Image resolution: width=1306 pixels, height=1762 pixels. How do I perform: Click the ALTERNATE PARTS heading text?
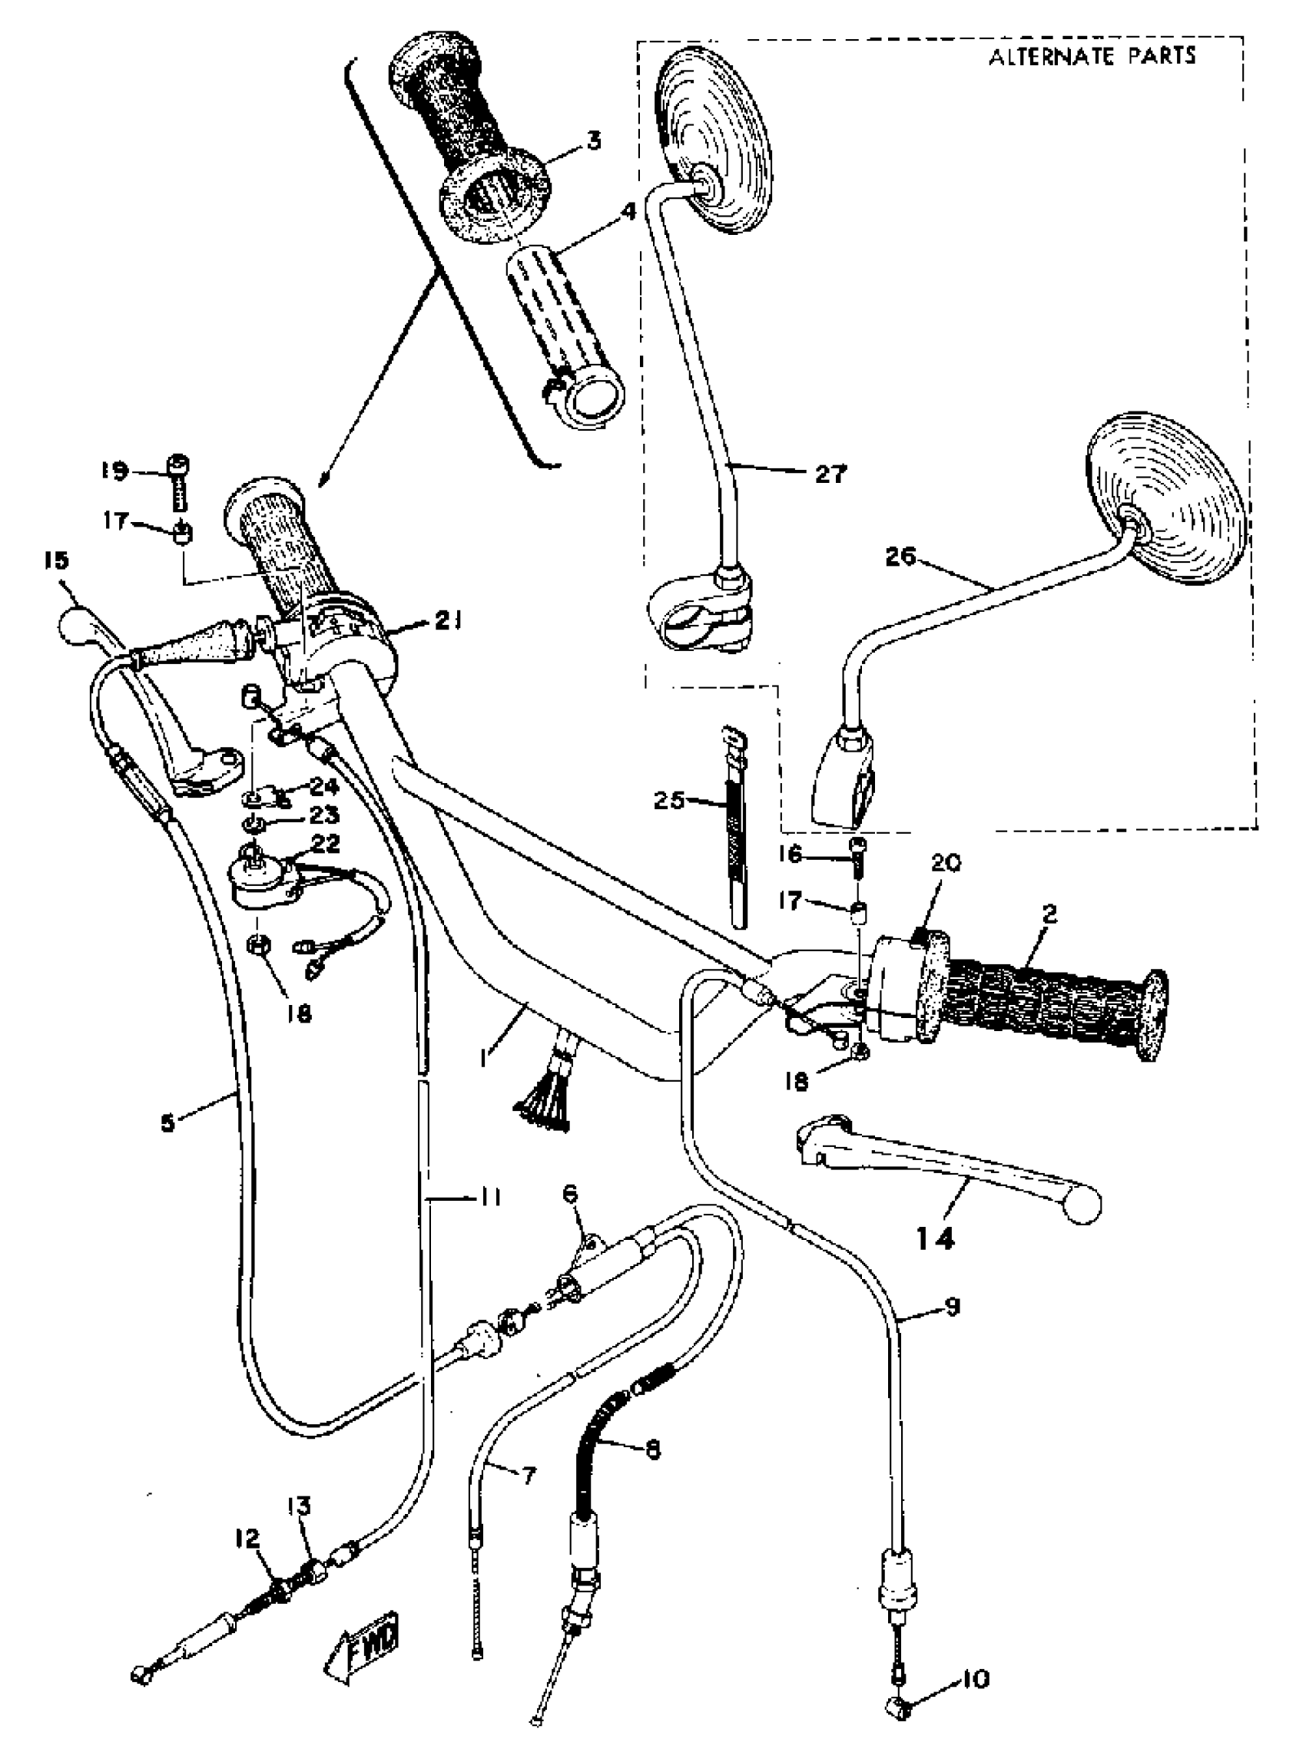[1092, 56]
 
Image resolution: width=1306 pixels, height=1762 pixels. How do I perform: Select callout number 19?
[114, 471]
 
